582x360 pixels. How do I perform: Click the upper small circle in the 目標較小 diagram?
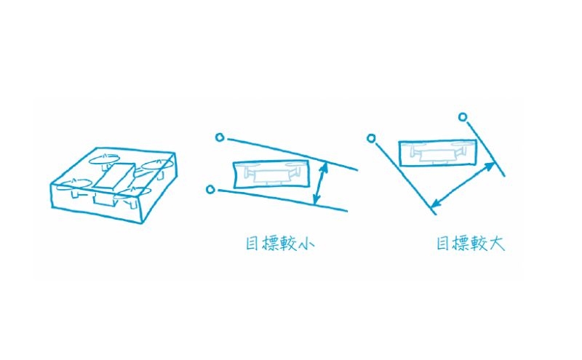coord(220,137)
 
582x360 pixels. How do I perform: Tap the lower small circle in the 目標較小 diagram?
coord(210,190)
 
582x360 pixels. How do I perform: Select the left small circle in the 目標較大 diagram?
coord(371,138)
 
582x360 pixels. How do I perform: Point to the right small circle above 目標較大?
coord(463,117)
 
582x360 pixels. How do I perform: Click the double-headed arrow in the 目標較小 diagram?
coord(320,183)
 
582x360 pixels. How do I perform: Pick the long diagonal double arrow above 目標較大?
coord(463,185)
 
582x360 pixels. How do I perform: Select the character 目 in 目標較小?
coord(252,244)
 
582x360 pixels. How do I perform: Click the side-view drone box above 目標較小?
coord(271,175)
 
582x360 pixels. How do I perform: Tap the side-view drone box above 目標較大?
coord(437,153)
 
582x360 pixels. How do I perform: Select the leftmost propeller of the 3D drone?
coord(74,184)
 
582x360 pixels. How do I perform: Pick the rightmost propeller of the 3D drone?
coord(158,164)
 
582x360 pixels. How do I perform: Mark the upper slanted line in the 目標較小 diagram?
coord(292,154)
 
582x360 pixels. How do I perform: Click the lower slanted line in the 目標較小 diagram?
coord(283,201)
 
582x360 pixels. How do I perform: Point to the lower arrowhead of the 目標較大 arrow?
coord(435,204)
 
